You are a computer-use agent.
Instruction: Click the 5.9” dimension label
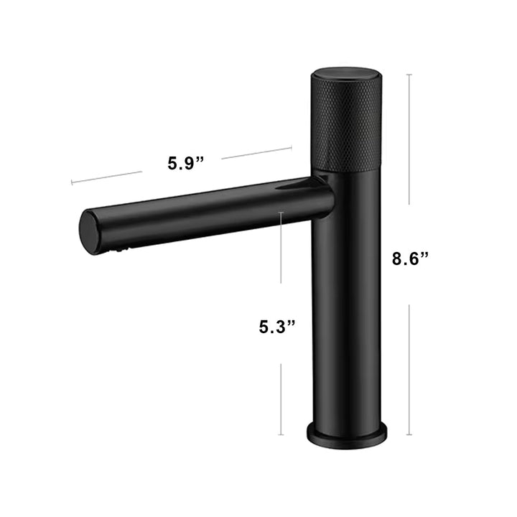click(x=185, y=163)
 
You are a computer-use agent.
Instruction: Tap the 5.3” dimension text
click(x=277, y=327)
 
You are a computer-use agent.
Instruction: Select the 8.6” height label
click(x=410, y=258)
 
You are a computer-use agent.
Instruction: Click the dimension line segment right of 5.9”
click(x=256, y=153)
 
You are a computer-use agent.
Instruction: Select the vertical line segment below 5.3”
click(x=281, y=399)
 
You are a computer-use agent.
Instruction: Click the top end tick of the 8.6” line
click(x=409, y=74)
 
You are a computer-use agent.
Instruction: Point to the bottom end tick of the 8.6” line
click(x=409, y=435)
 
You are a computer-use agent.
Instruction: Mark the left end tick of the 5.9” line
click(x=72, y=183)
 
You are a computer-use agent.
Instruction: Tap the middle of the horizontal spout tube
click(x=208, y=209)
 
